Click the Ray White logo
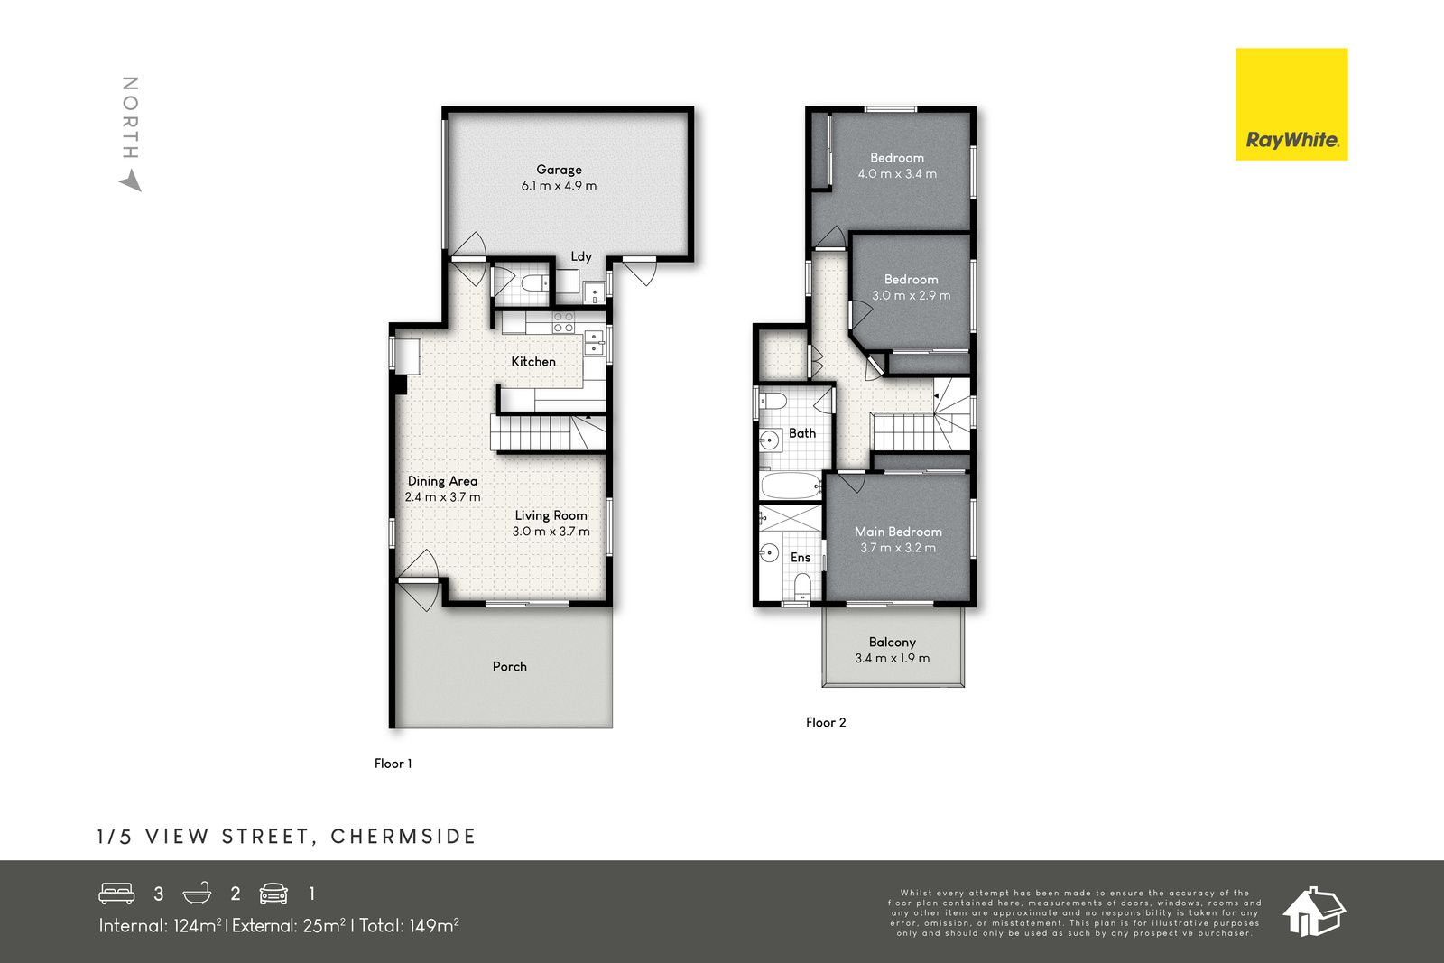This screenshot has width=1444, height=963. pyautogui.click(x=1291, y=105)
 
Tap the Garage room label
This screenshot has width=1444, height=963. pyautogui.click(x=559, y=171)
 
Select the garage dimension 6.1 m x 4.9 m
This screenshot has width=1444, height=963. pyautogui.click(x=559, y=186)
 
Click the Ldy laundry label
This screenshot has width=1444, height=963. pyautogui.click(x=581, y=256)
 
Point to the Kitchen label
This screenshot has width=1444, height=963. pyautogui.click(x=533, y=362)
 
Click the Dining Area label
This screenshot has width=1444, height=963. pyautogui.click(x=442, y=481)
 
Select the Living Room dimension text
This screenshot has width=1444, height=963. pyautogui.click(x=551, y=532)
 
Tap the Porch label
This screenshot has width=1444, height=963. pyautogui.click(x=509, y=666)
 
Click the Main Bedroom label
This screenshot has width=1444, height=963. pyautogui.click(x=898, y=532)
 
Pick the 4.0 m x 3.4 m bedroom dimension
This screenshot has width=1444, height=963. pyautogui.click(x=897, y=174)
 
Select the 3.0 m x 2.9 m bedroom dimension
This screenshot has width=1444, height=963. pyautogui.click(x=911, y=296)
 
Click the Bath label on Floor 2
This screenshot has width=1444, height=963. pyautogui.click(x=802, y=433)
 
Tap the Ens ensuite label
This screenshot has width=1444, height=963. pyautogui.click(x=801, y=558)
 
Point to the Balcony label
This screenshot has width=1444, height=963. pyautogui.click(x=893, y=642)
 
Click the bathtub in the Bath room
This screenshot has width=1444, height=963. pyautogui.click(x=791, y=486)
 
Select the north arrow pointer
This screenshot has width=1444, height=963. pyautogui.click(x=132, y=181)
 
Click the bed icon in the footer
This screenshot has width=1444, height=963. pyautogui.click(x=116, y=894)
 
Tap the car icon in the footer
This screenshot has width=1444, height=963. pyautogui.click(x=273, y=894)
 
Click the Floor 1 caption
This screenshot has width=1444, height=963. pyautogui.click(x=393, y=764)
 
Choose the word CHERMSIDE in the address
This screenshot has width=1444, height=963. pyautogui.click(x=403, y=837)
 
